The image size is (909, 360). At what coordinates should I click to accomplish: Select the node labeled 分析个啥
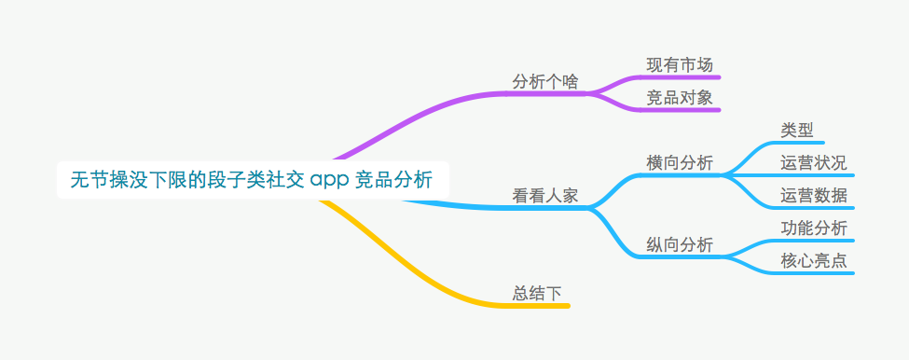point(545,81)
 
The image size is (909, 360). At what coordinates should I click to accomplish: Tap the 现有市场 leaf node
point(680,64)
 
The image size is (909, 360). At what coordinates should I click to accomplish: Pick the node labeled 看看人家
point(545,196)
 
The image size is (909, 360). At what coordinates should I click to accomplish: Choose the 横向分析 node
point(680,162)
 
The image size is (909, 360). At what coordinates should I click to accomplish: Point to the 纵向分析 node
point(680,244)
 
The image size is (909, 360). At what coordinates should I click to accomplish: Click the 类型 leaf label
point(797,130)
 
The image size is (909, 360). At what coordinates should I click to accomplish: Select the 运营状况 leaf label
point(814,162)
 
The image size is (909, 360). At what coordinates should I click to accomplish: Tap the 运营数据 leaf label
point(814,195)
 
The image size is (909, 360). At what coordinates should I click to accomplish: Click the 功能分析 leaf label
point(814,228)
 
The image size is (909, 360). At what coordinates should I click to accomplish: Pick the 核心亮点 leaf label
point(814,260)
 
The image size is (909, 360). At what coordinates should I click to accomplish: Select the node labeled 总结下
point(538,293)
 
